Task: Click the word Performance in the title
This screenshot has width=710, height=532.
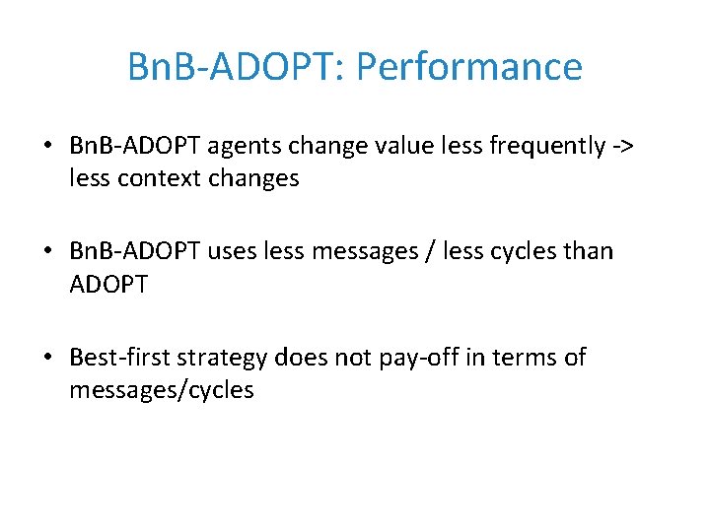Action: (x=468, y=67)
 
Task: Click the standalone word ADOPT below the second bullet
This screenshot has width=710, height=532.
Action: (x=108, y=285)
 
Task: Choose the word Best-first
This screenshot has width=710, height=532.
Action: (x=123, y=357)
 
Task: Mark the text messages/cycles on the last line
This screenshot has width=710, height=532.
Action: (x=161, y=390)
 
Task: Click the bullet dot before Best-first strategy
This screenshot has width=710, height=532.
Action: (x=48, y=358)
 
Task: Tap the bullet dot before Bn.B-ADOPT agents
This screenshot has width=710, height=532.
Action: (x=48, y=147)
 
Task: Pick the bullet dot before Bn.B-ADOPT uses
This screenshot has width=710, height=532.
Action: (x=48, y=252)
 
